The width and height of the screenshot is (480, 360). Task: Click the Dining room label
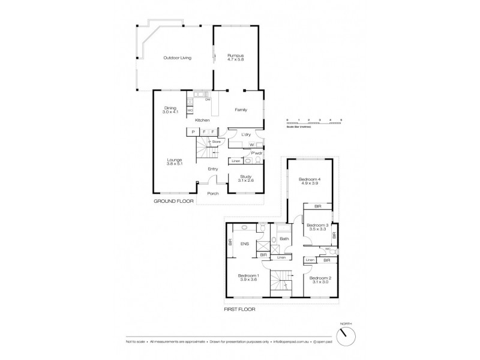click(x=170, y=108)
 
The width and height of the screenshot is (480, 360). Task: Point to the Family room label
click(x=241, y=110)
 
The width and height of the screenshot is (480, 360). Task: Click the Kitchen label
click(x=203, y=120)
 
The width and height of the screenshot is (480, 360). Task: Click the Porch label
click(x=212, y=193)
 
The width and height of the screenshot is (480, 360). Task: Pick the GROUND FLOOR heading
click(x=174, y=202)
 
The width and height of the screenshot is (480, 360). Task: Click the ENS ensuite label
click(x=245, y=244)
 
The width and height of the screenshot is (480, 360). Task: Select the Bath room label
click(x=284, y=239)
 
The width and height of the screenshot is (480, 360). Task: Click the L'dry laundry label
click(x=245, y=134)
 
